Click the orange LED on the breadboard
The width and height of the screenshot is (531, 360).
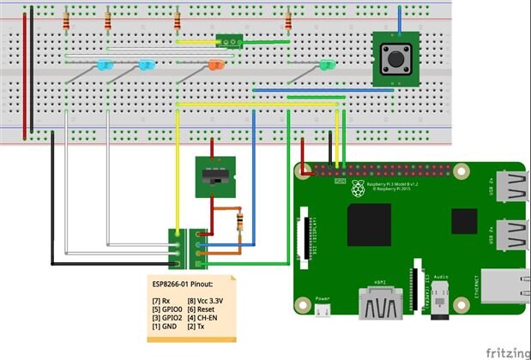click(x=216, y=65)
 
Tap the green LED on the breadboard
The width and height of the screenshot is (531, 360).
click(x=326, y=65)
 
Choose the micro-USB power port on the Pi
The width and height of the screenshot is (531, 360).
click(x=323, y=310)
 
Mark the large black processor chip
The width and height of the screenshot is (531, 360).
click(x=369, y=225)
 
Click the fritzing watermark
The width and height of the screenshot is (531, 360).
click(x=505, y=351)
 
